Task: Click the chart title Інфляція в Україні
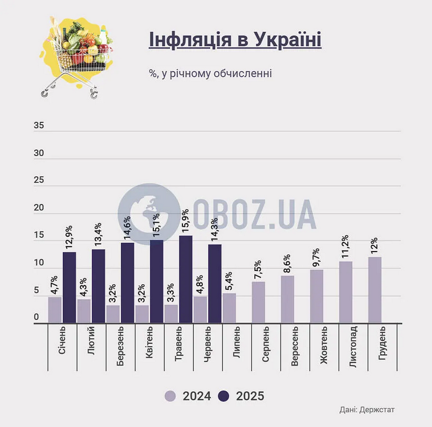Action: click(235, 41)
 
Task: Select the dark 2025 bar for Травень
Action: click(185, 280)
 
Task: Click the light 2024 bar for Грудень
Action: click(374, 290)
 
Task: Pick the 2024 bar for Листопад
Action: click(345, 293)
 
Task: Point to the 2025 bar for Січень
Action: click(69, 288)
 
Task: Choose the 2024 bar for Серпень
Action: click(258, 302)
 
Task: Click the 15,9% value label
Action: click(185, 219)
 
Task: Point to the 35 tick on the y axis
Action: click(39, 126)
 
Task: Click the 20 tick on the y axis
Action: click(39, 208)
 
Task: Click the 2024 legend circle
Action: click(170, 396)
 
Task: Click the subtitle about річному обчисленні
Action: click(210, 73)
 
